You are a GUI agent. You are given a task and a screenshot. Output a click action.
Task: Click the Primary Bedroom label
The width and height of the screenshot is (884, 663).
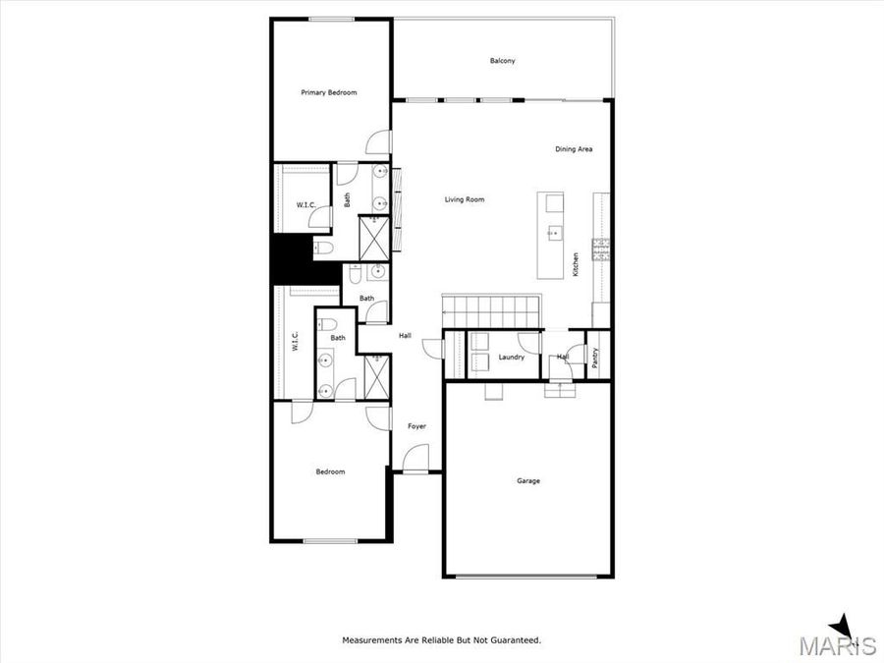coord(329,92)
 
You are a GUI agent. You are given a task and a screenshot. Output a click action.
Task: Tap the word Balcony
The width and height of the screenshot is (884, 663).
coord(502,61)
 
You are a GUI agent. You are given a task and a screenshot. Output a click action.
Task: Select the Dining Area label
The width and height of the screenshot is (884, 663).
coord(574,149)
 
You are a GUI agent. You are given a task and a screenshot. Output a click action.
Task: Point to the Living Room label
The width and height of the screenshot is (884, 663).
coord(465,199)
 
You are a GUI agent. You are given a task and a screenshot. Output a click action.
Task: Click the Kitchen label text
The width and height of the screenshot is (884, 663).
coord(576,265)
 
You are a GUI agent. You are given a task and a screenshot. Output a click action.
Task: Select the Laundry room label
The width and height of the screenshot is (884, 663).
coord(512,357)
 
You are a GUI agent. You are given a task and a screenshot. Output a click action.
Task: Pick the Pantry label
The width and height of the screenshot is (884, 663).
coord(596,358)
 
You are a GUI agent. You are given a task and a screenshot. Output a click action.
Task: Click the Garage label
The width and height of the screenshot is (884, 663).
coord(528,480)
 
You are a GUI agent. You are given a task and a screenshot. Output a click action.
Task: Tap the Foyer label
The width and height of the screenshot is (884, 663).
coord(416,426)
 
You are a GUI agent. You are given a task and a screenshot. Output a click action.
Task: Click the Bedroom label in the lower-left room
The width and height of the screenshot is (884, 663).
coord(330,471)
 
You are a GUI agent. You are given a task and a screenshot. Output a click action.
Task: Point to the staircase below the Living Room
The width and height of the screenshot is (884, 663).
coord(491,310)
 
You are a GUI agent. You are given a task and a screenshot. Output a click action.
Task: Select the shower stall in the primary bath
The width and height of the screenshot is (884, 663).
coord(374,236)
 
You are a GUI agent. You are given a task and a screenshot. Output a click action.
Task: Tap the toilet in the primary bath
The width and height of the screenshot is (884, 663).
coord(324,248)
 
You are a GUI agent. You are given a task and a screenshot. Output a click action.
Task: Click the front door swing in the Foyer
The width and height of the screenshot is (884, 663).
coord(416,459)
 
